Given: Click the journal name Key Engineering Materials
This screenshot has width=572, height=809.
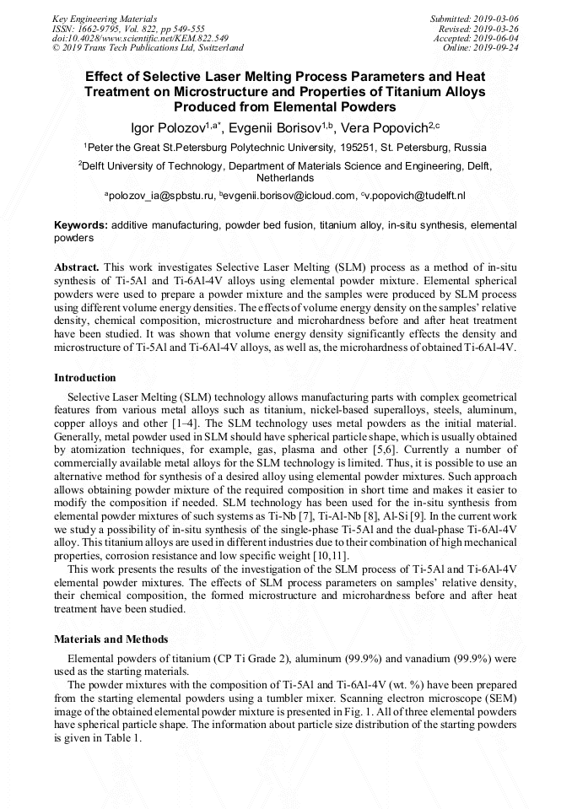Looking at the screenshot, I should tap(105, 18).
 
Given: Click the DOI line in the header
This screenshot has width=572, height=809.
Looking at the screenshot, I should tap(140, 38).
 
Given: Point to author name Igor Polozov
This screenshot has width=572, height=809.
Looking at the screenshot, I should tap(170, 127).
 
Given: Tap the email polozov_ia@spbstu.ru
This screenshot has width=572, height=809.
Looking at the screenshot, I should tap(159, 196).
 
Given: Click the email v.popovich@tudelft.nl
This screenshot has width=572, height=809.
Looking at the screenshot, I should tap(414, 196).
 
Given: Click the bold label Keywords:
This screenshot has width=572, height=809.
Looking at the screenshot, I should tap(81, 226).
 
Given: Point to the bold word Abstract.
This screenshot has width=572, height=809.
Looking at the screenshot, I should tap(75, 267).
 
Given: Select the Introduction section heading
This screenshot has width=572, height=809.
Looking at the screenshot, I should tap(85, 377).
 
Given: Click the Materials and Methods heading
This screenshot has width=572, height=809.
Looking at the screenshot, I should tap(111, 639).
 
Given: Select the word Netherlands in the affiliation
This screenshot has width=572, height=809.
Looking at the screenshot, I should tap(285, 178).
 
